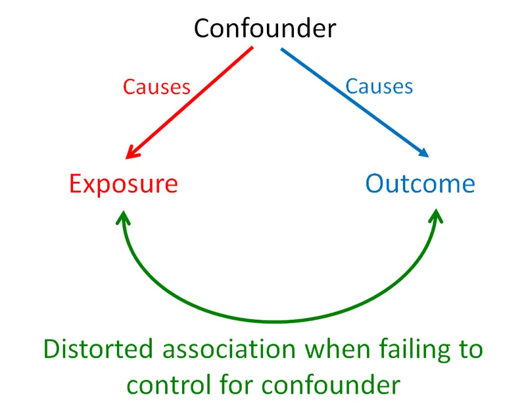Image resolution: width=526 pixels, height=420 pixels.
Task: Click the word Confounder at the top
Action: [x=265, y=28]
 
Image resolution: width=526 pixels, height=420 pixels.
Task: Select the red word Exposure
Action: [x=123, y=183]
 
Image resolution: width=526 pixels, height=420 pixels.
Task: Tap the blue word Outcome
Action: [x=420, y=183]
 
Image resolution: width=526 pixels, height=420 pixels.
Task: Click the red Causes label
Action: [x=157, y=87]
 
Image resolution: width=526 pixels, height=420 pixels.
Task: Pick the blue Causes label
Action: [x=379, y=86]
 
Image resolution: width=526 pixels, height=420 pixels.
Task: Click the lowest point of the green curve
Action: [x=279, y=321]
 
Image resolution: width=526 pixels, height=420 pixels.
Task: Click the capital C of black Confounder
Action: [x=203, y=28]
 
